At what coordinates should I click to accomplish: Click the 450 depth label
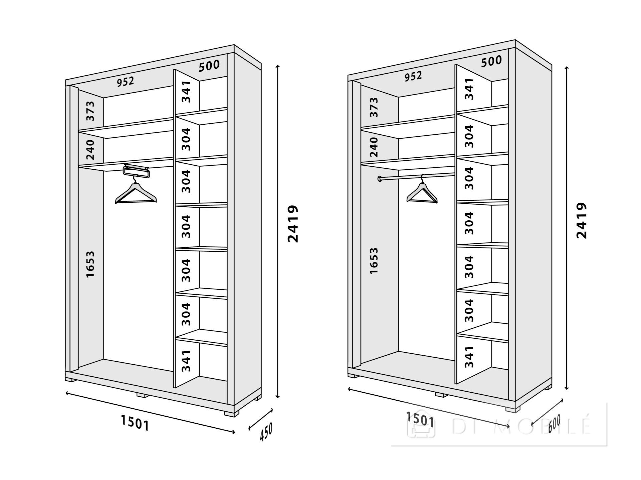pyautogui.click(x=266, y=432)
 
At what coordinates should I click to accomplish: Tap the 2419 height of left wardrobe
pyautogui.click(x=293, y=224)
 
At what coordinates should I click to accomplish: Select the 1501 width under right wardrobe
pyautogui.click(x=420, y=419)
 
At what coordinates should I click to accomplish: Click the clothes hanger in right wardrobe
pyautogui.click(x=422, y=193)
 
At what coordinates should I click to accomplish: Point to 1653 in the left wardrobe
pyautogui.click(x=90, y=264)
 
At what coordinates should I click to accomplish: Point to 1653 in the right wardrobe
pyautogui.click(x=374, y=261)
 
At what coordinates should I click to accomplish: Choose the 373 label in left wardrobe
pyautogui.click(x=90, y=111)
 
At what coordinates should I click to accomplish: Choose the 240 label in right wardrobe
pyautogui.click(x=374, y=147)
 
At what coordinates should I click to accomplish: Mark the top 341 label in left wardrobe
pyautogui.click(x=186, y=91)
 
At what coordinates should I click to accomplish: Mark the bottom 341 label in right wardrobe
pyautogui.click(x=469, y=356)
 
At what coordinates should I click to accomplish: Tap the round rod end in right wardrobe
pyautogui.click(x=380, y=179)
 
